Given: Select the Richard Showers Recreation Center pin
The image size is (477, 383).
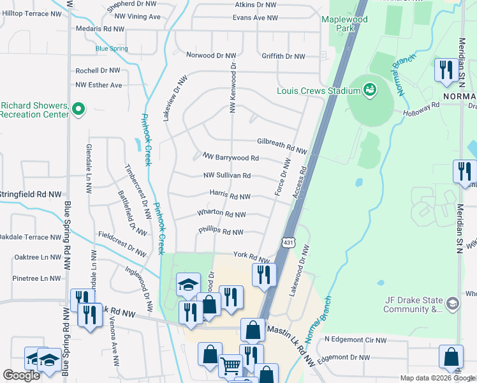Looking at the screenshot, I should pyautogui.click(x=78, y=110).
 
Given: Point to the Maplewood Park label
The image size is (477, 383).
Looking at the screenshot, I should pyautogui.click(x=346, y=24).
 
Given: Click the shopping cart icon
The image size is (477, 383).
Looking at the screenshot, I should pyautogui.click(x=230, y=366).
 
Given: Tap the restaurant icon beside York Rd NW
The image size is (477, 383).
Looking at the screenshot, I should pyautogui.click(x=263, y=274).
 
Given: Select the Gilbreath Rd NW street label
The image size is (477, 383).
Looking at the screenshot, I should pyautogui.click(x=282, y=146).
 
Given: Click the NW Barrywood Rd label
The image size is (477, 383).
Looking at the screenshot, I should pyautogui.click(x=230, y=157).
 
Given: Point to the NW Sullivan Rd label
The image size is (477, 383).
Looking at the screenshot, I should pyautogui.click(x=226, y=176).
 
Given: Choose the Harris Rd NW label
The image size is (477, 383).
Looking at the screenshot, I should pyautogui.click(x=230, y=197).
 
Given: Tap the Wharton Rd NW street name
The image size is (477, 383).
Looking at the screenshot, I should pyautogui.click(x=221, y=214).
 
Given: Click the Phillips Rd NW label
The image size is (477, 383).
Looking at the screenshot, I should pyautogui.click(x=221, y=232).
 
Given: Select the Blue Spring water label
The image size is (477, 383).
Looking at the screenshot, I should pyautogui.click(x=111, y=49).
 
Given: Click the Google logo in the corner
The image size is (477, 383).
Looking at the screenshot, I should pyautogui.click(x=21, y=375).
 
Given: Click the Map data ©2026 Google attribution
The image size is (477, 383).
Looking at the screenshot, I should pyautogui.click(x=437, y=378).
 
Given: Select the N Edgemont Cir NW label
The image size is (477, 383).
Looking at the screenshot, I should pyautogui.click(x=357, y=339).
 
